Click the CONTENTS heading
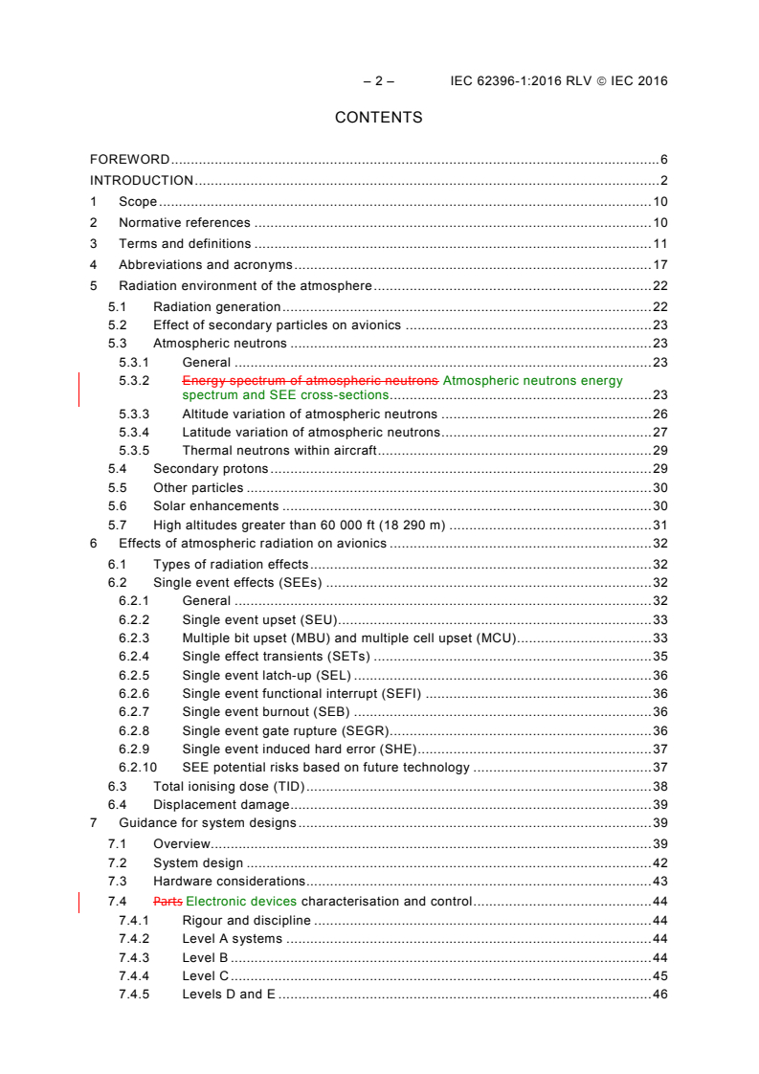[x=378, y=118]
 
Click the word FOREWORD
[x=130, y=160]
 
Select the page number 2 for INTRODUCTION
[x=663, y=181]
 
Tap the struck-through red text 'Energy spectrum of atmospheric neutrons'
[x=311, y=380]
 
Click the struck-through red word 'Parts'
[x=167, y=901]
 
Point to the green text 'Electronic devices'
[x=242, y=901]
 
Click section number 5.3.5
[x=134, y=450]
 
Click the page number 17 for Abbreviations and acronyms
[x=659, y=264]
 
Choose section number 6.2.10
[x=137, y=767]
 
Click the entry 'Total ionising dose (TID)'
[x=228, y=786]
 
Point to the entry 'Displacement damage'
[x=221, y=805]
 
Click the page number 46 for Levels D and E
[x=659, y=995]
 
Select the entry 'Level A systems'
[x=232, y=939]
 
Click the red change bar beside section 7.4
[x=79, y=902]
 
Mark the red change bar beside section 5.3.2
[x=79, y=388]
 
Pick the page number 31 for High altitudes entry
[x=659, y=525]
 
